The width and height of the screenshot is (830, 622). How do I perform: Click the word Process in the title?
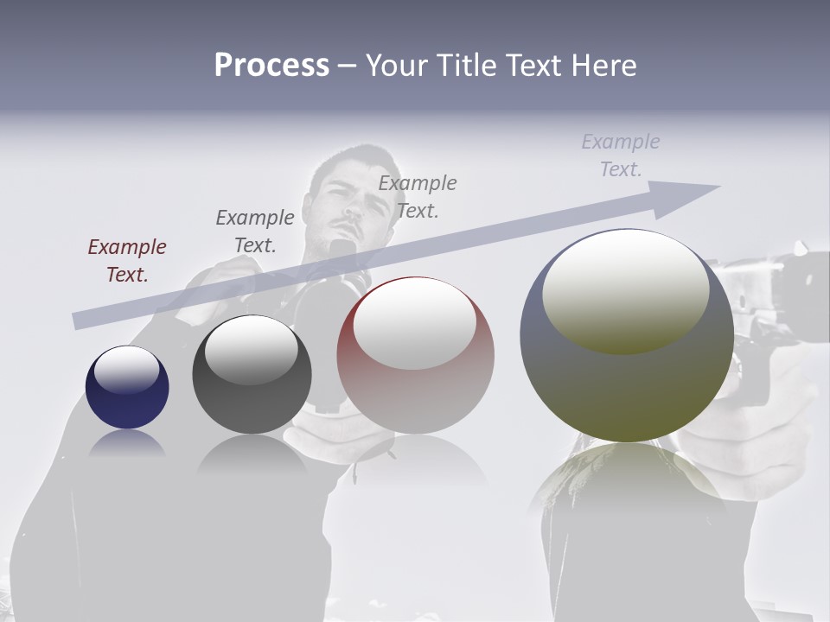click(x=271, y=65)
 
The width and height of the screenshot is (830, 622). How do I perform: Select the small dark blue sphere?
click(x=127, y=387)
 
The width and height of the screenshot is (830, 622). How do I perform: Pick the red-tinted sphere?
click(x=415, y=355)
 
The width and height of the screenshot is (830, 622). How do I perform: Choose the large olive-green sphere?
click(x=627, y=335)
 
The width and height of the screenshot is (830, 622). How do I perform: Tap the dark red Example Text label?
click(x=127, y=261)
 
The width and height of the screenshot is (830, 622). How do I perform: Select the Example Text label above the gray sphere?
click(x=255, y=231)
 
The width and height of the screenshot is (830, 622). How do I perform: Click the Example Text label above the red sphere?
click(x=418, y=196)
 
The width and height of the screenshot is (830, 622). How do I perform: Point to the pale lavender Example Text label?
click(x=621, y=155)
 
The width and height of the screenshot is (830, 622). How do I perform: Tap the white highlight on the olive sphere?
click(x=625, y=290)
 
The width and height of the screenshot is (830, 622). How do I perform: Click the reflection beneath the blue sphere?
click(x=127, y=442)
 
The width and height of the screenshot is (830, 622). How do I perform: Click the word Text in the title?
click(x=533, y=65)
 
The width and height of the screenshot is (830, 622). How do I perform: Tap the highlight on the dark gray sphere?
click(x=251, y=351)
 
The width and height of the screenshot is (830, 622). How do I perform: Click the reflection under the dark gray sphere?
click(x=252, y=454)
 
